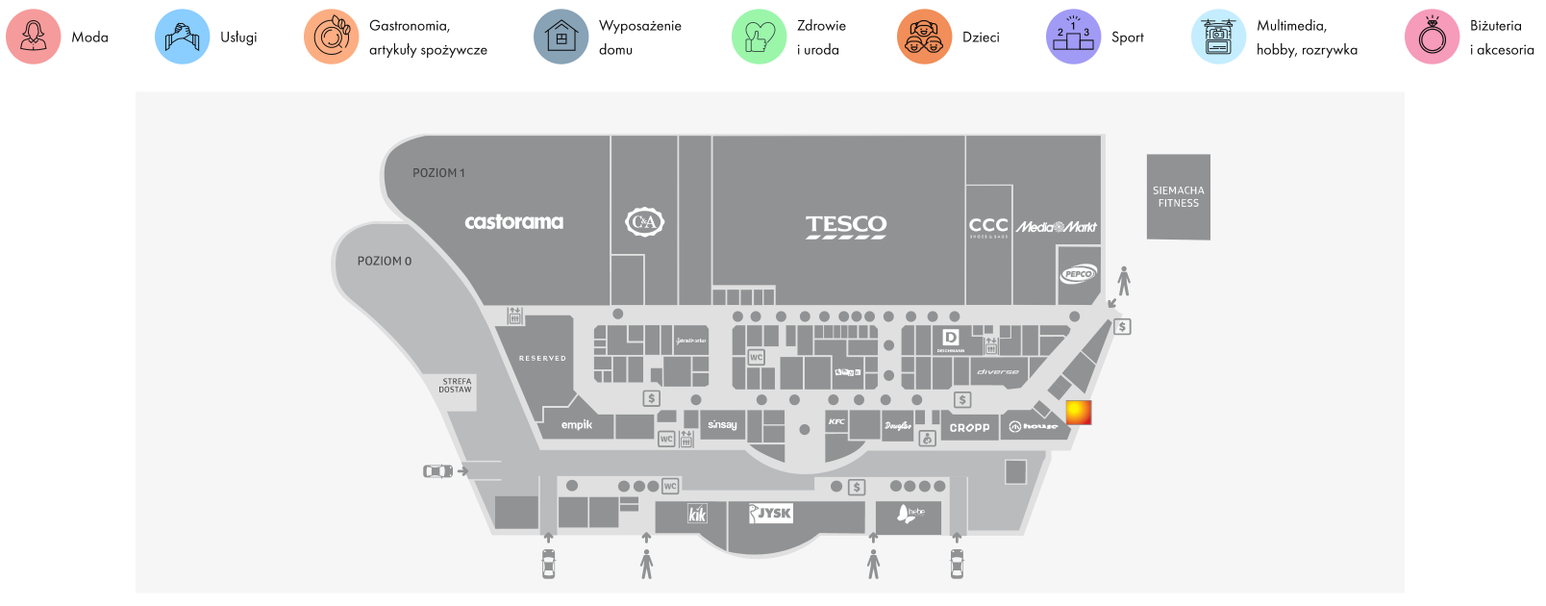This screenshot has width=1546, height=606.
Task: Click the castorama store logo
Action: [513, 222]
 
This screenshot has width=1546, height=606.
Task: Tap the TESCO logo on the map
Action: [846, 226]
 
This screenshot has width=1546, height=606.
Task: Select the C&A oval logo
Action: [644, 223]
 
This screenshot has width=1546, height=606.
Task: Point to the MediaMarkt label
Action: [1057, 227]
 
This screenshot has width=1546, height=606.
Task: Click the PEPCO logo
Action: [1078, 274]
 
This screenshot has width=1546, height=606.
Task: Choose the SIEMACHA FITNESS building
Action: [1178, 197]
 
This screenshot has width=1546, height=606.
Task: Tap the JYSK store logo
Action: [771, 514]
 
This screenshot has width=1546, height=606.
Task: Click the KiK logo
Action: [697, 515]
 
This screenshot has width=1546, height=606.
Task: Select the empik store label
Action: [577, 425]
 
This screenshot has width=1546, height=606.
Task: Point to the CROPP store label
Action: [969, 428]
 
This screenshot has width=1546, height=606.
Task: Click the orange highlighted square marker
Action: [1079, 412]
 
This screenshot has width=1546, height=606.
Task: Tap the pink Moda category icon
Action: [34, 38]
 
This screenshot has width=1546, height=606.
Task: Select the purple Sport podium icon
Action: [1073, 38]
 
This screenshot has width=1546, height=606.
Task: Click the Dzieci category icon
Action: [924, 38]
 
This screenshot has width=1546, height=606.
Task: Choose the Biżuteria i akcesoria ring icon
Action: [1432, 38]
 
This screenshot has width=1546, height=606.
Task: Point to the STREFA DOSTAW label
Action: [456, 386]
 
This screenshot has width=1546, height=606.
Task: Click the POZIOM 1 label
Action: [438, 173]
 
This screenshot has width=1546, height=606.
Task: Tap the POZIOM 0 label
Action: [385, 262]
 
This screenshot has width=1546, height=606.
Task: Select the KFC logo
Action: [836, 422]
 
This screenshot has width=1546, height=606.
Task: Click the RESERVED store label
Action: [542, 359]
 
